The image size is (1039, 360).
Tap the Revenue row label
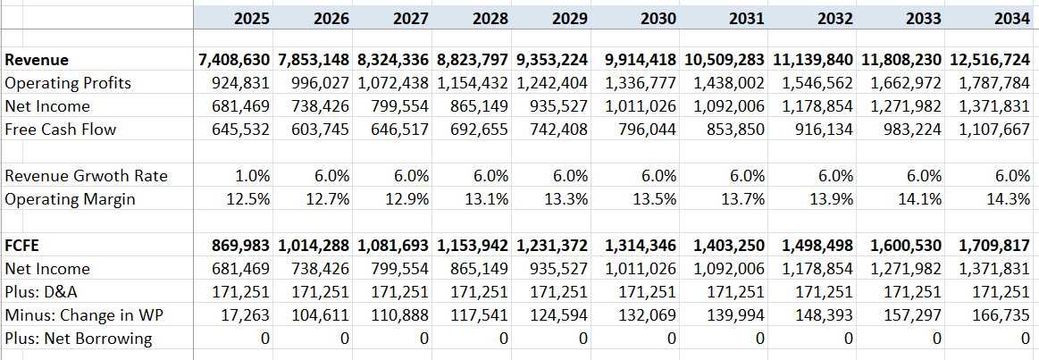coord(37,61)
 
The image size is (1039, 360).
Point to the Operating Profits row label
coord(68,83)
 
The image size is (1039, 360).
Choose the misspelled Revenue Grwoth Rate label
coord(86,176)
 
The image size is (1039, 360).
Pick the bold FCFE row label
coord(25,245)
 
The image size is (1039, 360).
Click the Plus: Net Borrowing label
coord(79,338)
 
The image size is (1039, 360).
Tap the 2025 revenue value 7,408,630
coord(234,61)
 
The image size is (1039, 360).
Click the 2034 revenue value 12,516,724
coord(987,61)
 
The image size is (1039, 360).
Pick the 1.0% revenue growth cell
coord(254,176)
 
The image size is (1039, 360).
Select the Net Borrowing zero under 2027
coord(423,338)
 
